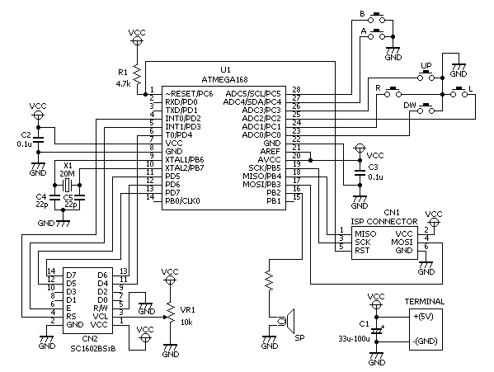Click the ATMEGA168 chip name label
point(224,79)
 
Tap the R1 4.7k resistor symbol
point(137,74)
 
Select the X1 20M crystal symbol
point(67,185)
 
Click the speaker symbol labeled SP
point(286,321)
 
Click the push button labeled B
point(377,18)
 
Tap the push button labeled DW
point(426,108)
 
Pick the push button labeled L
point(459,92)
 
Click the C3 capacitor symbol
point(360,172)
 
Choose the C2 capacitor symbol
point(39,140)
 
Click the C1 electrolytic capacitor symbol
point(376,331)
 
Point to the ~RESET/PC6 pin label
point(189,94)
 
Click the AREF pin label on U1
point(271,152)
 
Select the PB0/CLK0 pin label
point(183,201)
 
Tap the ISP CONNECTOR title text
point(384,222)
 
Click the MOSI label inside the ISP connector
point(402,243)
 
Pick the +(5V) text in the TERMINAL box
point(423,316)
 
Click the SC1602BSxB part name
point(93,349)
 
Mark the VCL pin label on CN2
point(101,316)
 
